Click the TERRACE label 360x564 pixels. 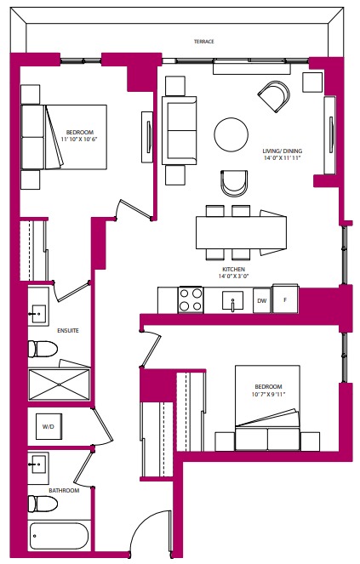tap(203, 41)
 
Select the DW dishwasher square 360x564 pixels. tap(261, 300)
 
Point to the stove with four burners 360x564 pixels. tap(191, 299)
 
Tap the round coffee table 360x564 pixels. tap(231, 134)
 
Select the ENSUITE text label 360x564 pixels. tap(44, 330)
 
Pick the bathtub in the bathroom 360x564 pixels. tap(58, 538)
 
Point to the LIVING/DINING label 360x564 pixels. tap(283, 151)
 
